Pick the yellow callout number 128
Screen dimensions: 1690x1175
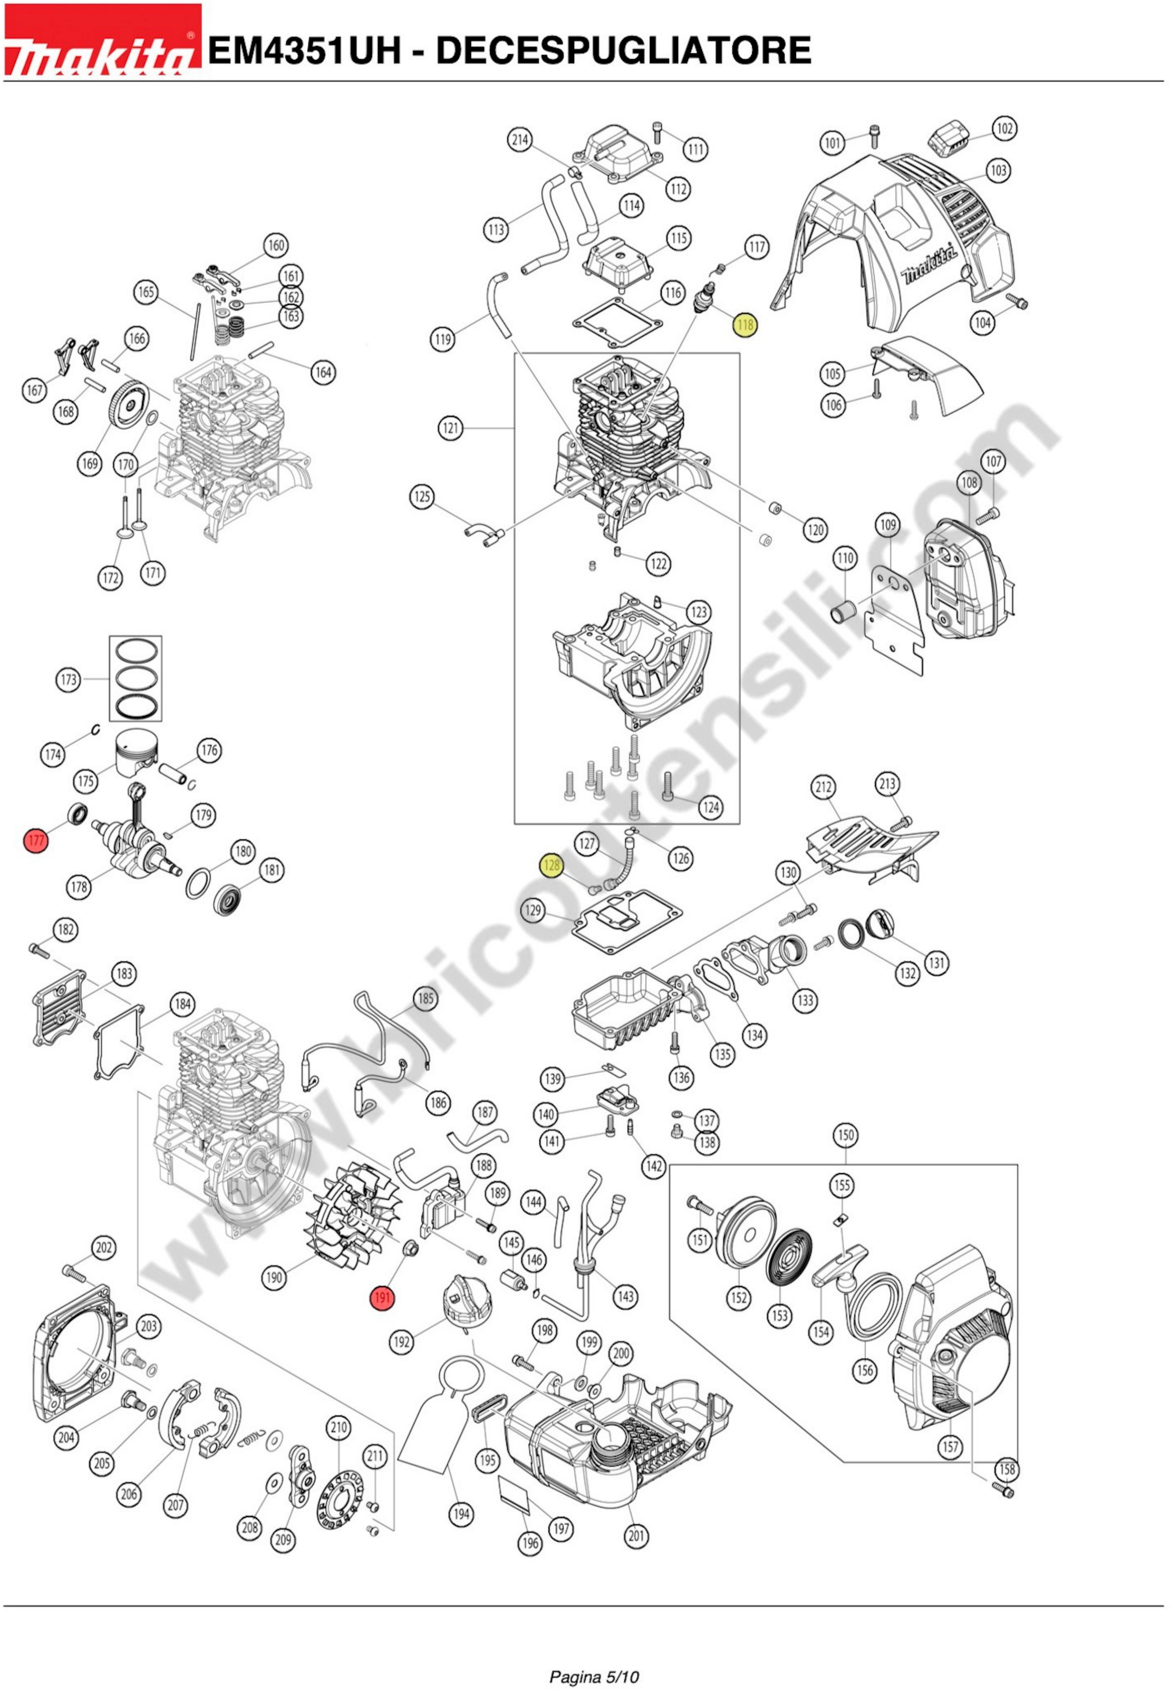[x=551, y=866]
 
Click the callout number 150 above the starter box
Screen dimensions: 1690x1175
[x=845, y=1135]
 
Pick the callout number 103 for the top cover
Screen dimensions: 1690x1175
[x=997, y=171]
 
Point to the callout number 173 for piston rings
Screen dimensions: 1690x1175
[x=68, y=679]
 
